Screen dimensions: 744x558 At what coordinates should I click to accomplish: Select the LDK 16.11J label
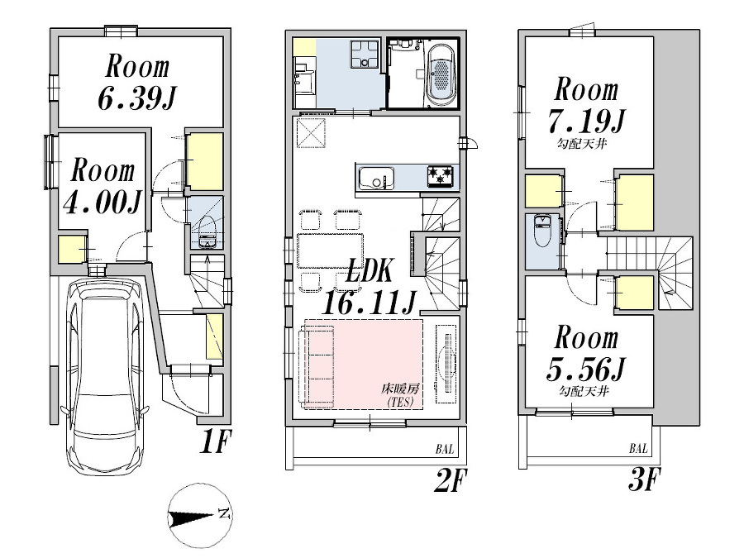pyautogui.click(x=370, y=288)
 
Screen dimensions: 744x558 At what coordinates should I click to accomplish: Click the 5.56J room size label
pyautogui.click(x=586, y=370)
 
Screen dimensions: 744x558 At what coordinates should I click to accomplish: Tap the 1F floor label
pyautogui.click(x=215, y=443)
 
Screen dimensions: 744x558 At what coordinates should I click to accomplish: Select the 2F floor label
pyautogui.click(x=451, y=480)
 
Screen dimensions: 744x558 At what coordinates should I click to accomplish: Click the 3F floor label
pyautogui.click(x=644, y=479)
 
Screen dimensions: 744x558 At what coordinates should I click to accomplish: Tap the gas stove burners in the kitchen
pyautogui.click(x=440, y=176)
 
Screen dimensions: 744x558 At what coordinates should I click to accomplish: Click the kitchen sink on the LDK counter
pyautogui.click(x=376, y=178)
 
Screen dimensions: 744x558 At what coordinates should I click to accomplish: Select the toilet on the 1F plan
pyautogui.click(x=207, y=232)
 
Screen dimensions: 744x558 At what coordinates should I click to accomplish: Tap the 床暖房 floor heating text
pyautogui.click(x=400, y=389)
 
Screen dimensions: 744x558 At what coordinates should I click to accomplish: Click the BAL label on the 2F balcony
pyautogui.click(x=445, y=449)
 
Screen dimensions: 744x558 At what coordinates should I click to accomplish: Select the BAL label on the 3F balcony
pyautogui.click(x=638, y=448)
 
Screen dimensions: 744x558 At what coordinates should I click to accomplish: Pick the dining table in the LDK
pyautogui.click(x=330, y=251)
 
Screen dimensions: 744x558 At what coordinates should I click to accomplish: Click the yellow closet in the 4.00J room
pyautogui.click(x=70, y=249)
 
